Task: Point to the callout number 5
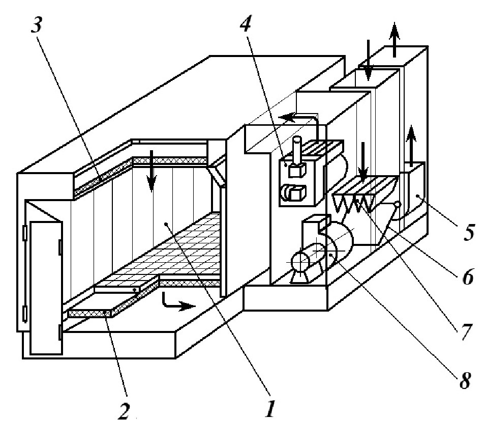click(x=467, y=232)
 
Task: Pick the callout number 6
click(x=467, y=277)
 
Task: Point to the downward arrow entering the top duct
click(x=368, y=64)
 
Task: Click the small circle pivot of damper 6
click(x=397, y=205)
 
